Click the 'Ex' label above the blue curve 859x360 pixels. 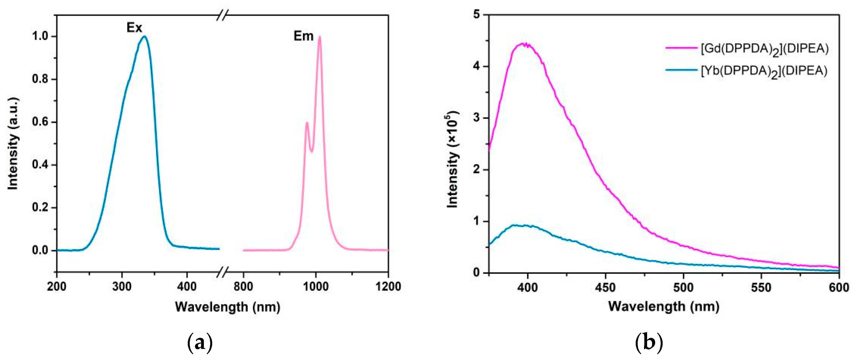(x=135, y=28)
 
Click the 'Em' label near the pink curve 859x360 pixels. (x=303, y=36)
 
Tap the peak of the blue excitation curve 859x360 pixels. (x=145, y=36)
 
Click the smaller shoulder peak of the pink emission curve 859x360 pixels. (x=307, y=123)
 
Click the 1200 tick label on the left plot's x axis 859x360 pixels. (x=388, y=286)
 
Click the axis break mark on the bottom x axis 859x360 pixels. (x=223, y=272)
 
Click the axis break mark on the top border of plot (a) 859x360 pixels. (x=222, y=15)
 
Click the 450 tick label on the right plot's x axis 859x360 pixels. (x=605, y=287)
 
